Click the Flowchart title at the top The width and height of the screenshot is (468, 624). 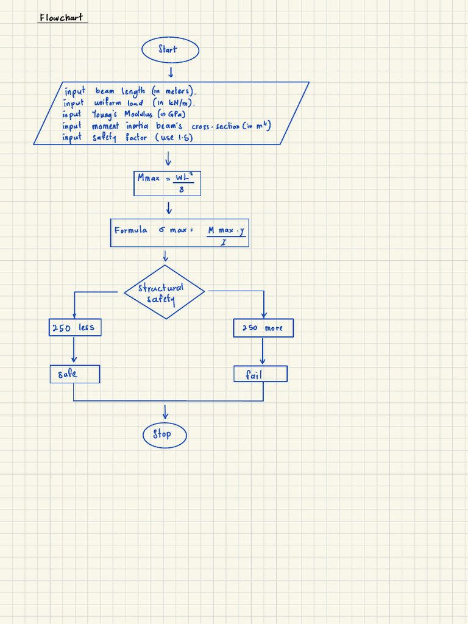click(61, 18)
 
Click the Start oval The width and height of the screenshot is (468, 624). click(170, 50)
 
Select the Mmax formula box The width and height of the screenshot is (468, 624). click(168, 183)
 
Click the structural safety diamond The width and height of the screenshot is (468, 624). click(164, 292)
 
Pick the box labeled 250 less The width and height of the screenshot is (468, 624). click(74, 328)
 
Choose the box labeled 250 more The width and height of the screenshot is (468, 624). click(263, 328)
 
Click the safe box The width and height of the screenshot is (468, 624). click(74, 374)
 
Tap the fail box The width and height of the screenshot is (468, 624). click(260, 374)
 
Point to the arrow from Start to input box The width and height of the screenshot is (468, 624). click(171, 73)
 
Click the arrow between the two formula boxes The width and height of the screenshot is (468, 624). click(169, 208)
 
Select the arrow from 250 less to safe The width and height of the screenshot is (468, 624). click(74, 350)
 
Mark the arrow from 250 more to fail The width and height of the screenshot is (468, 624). click(263, 352)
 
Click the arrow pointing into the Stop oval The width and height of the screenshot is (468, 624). click(165, 413)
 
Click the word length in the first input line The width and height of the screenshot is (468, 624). click(133, 91)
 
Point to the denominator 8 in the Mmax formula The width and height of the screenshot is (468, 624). click(181, 190)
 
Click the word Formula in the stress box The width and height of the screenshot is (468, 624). click(130, 230)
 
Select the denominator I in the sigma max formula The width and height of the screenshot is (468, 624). click(224, 242)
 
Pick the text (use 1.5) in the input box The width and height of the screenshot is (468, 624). click(175, 138)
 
